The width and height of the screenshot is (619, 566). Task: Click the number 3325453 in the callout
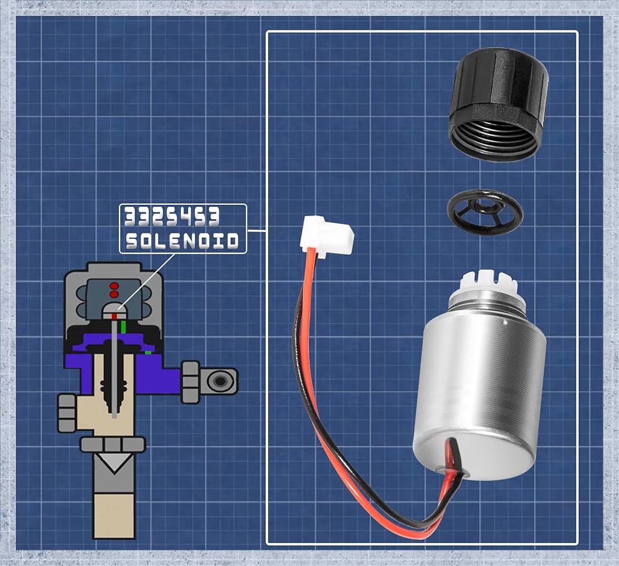point(171,217)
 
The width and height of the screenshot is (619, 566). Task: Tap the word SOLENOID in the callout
point(182,241)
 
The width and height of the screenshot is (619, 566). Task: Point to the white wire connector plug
point(326,236)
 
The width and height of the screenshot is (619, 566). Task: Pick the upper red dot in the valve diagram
point(114,285)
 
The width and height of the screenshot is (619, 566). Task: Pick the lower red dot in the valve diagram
point(114,294)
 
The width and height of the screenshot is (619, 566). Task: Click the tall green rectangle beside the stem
point(124,326)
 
